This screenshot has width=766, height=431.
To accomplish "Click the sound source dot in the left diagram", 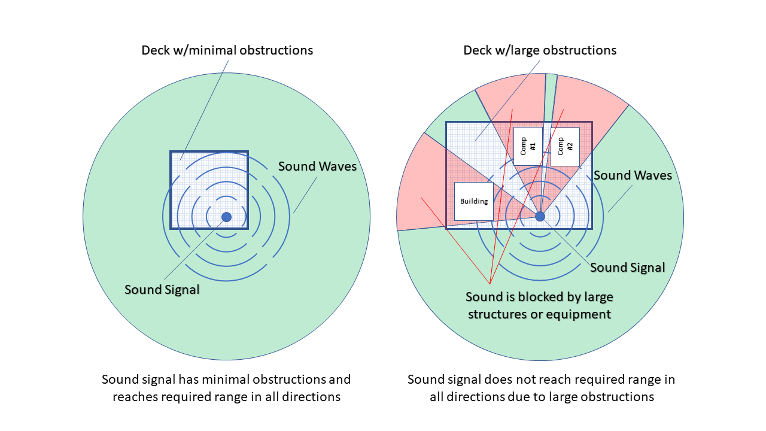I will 226,217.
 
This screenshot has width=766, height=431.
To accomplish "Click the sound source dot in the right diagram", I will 540,216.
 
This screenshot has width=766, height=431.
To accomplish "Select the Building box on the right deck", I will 474,201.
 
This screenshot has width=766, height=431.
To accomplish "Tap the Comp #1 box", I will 528,146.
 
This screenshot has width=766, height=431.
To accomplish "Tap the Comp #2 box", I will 565,146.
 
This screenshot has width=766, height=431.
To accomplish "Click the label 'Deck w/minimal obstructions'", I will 227,50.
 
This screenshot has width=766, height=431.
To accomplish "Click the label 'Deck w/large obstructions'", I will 540,50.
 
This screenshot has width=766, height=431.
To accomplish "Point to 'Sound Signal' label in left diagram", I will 162,290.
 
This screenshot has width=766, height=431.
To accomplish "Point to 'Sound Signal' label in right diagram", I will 627,268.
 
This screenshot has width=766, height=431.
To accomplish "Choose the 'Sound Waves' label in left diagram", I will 317,166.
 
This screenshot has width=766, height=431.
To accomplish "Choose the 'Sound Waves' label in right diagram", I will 633,175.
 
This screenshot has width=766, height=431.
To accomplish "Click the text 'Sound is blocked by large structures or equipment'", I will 540,305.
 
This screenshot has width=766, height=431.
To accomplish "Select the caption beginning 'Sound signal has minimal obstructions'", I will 226,388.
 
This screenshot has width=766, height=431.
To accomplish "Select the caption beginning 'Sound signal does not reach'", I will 541,388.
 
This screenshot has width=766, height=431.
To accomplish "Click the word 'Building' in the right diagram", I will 474,201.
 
